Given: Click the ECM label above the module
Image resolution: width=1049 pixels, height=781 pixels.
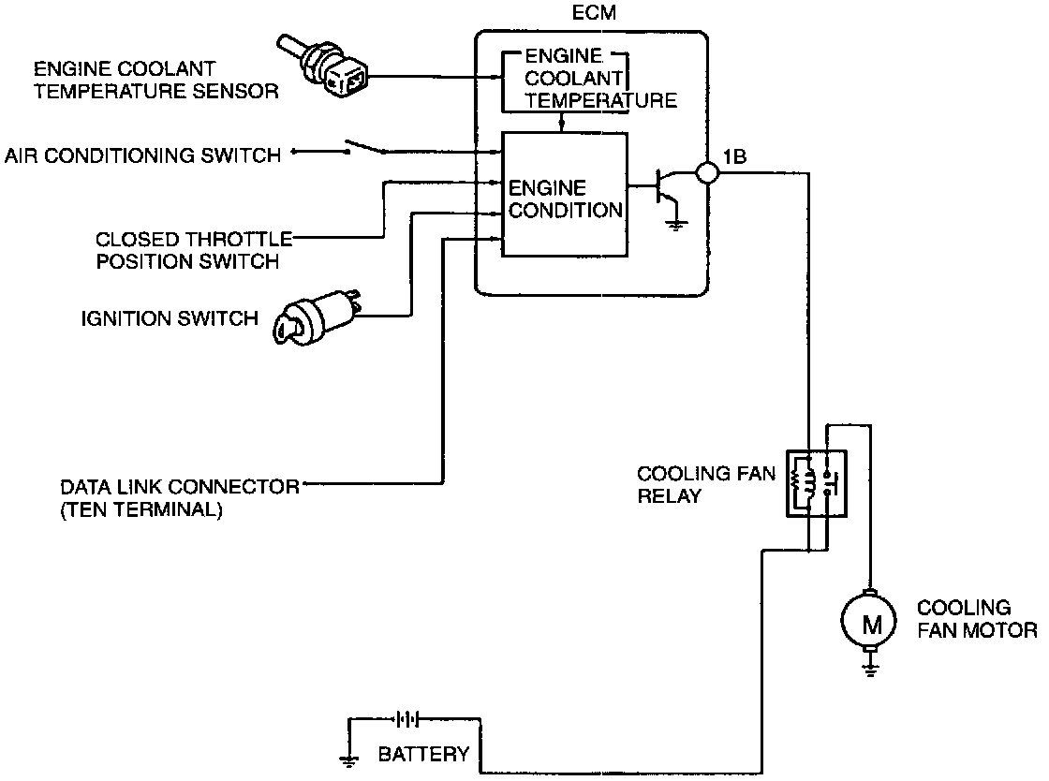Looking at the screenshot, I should (x=586, y=14).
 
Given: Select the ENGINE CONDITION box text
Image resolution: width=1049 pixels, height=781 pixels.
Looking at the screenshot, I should (x=564, y=199).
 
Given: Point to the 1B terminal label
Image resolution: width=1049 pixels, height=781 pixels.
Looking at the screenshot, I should (x=735, y=156).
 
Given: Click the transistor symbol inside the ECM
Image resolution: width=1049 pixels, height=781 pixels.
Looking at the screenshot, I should (x=664, y=187).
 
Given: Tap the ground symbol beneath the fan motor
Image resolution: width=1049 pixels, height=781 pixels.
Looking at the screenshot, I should (x=870, y=668).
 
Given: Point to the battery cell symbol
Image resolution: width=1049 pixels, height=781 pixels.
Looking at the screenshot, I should (x=406, y=719).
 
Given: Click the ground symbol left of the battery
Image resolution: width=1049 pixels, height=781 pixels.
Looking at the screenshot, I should (x=349, y=759).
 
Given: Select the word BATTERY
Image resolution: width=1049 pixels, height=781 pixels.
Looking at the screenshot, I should (x=423, y=755).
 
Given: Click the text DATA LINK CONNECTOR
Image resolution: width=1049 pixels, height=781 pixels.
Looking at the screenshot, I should (x=180, y=487).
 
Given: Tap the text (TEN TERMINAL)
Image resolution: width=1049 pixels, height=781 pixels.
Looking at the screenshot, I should (x=141, y=511).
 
